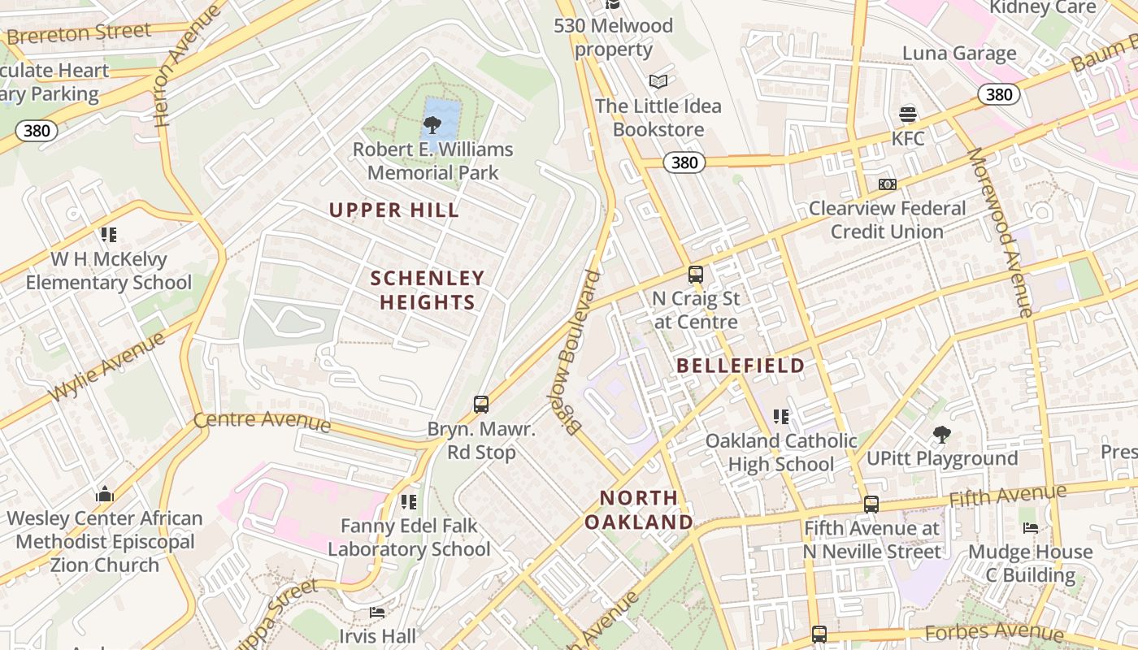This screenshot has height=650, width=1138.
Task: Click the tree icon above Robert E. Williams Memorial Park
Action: coord(432,125)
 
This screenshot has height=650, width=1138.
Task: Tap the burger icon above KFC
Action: coord(908,115)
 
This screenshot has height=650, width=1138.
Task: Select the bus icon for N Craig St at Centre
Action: coord(696,275)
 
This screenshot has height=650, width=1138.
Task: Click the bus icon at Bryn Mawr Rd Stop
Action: coord(481,404)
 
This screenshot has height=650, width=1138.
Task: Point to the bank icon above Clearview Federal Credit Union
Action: coord(888,184)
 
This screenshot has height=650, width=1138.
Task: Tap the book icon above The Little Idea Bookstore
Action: coord(658,82)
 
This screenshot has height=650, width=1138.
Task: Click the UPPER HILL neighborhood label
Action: coord(394,210)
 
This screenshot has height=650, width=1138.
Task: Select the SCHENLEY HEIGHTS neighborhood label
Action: coord(428,290)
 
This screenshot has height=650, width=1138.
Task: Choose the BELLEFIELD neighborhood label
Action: coord(741,366)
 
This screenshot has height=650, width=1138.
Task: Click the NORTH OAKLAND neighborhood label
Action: coord(639,509)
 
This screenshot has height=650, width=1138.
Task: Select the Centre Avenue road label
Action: coord(262,421)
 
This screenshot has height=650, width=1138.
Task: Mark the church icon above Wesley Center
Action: coord(105,494)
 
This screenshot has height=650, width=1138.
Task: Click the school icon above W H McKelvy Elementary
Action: coord(109,235)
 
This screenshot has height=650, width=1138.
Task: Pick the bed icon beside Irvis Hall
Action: coord(377,612)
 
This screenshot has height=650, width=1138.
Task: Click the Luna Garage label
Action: coord(959,54)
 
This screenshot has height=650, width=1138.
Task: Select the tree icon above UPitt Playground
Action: coord(942,435)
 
